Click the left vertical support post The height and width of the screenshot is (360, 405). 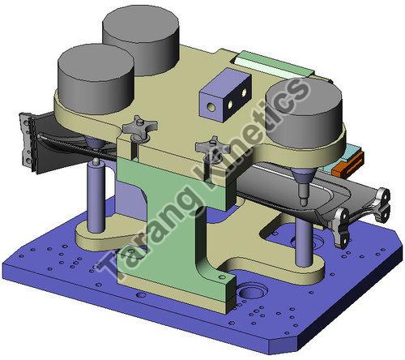coord(96,199)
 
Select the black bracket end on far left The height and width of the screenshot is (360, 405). coord(27,142)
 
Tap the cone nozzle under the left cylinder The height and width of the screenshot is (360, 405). coord(95,146)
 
